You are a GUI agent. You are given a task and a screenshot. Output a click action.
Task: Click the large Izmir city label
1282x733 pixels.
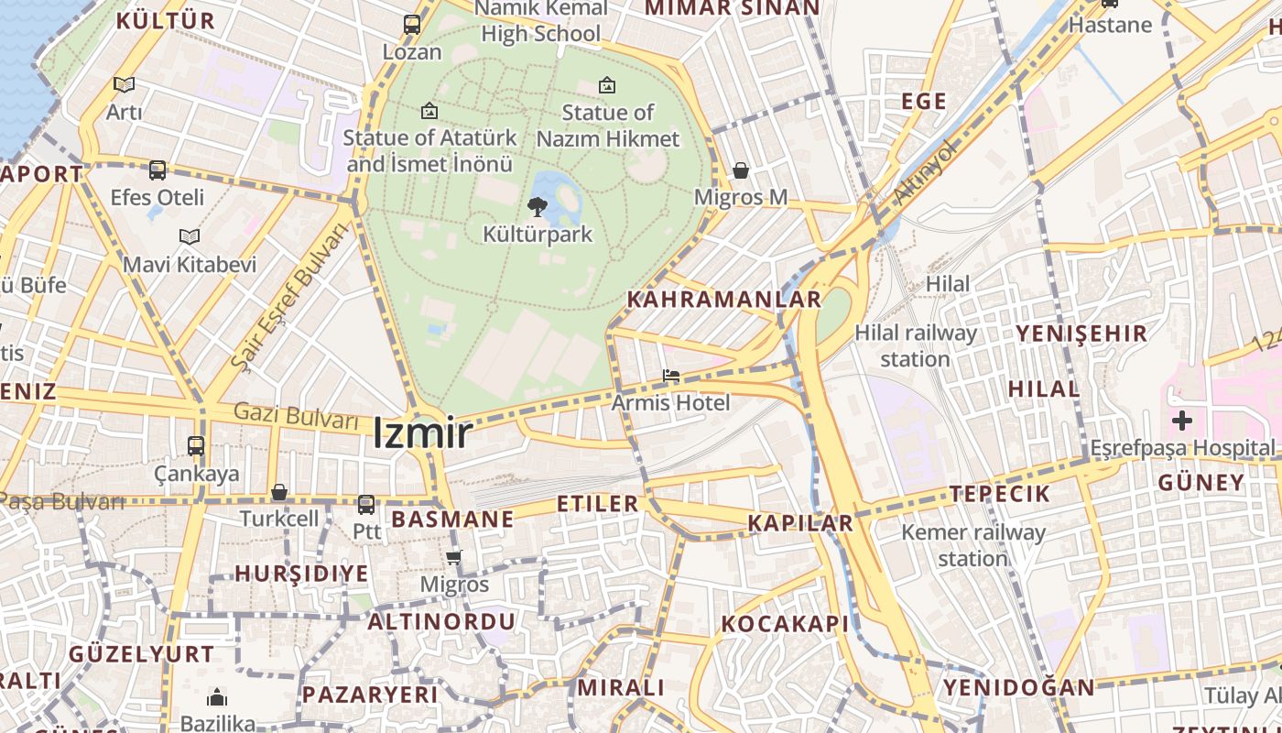422,433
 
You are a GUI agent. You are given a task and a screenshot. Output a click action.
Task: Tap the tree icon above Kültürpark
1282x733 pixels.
538,207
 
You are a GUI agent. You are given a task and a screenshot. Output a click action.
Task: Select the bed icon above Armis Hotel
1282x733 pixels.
671,376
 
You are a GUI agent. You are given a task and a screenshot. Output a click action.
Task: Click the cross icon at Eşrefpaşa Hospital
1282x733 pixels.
1182,421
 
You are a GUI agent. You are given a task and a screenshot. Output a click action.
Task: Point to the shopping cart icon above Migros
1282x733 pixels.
454,557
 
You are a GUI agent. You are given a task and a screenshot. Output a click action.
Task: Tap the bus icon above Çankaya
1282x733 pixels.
196,446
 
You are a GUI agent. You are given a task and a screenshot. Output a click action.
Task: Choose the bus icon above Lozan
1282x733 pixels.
412,25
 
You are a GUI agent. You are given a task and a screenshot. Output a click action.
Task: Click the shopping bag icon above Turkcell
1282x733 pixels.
279,493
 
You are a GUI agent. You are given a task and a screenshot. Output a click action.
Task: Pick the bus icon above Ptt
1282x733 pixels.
366,504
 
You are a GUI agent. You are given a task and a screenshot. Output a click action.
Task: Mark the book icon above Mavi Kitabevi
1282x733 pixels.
190,237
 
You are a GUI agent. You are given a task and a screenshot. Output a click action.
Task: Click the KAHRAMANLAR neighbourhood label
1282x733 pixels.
724,300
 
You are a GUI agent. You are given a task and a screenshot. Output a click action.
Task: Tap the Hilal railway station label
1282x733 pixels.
915,345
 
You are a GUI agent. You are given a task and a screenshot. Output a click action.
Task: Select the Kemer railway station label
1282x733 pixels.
972,544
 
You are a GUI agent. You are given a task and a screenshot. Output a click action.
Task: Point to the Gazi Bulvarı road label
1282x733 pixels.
296,417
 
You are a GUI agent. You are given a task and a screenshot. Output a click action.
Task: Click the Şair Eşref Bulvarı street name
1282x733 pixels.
289,297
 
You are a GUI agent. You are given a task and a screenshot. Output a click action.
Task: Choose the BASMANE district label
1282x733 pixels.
452,520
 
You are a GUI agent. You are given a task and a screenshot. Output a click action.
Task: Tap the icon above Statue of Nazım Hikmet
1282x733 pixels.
606,85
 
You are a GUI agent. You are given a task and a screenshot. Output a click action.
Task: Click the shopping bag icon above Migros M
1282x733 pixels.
741,170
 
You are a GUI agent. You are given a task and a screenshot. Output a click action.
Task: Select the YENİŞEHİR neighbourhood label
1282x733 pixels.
1081,334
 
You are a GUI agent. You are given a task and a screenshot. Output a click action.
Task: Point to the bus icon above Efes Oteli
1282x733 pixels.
158,170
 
